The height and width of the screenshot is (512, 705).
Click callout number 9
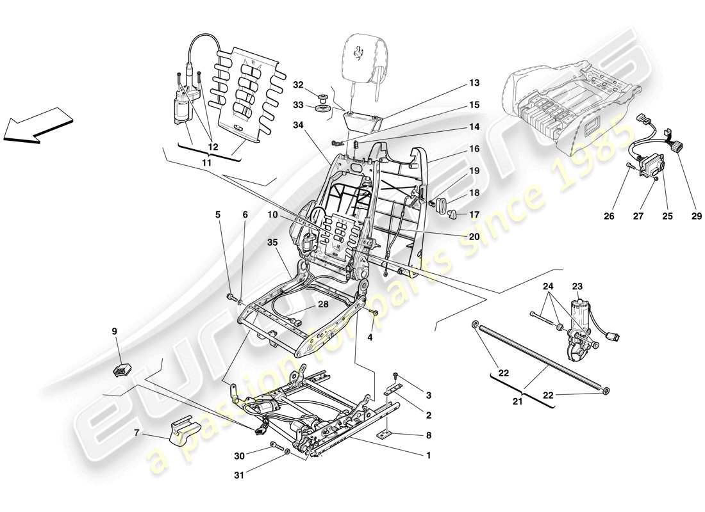(x=115, y=332)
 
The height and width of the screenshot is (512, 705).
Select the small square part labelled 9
(x=121, y=370)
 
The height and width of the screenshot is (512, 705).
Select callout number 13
(x=474, y=83)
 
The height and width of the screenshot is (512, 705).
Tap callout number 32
(x=299, y=84)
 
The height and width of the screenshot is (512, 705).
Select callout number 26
(x=609, y=216)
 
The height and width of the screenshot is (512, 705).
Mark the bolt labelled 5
(x=229, y=297)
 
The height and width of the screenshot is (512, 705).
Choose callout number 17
(x=474, y=215)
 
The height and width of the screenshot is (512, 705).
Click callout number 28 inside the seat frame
(x=323, y=304)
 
